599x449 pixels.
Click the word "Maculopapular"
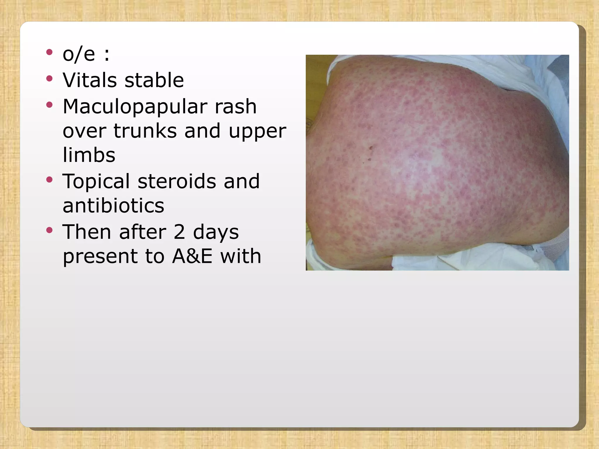point(135,107)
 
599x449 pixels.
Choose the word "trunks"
point(145,131)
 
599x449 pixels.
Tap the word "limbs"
point(89,155)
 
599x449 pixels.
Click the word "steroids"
point(177,181)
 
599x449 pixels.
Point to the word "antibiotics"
point(113,205)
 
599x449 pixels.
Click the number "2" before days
point(179,232)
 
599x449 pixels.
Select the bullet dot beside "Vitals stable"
point(49,78)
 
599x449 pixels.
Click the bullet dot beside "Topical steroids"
point(49,179)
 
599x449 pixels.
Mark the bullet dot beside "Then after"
point(49,230)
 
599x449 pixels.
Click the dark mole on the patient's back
point(371,148)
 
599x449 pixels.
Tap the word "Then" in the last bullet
point(87,232)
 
